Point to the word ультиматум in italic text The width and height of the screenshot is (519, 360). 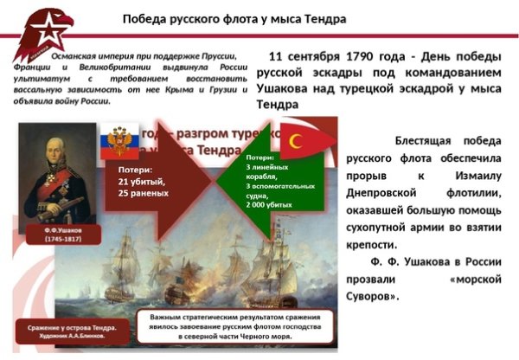[41, 77]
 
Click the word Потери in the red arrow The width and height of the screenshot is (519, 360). [135, 170]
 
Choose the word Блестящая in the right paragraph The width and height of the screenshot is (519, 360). [426, 139]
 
